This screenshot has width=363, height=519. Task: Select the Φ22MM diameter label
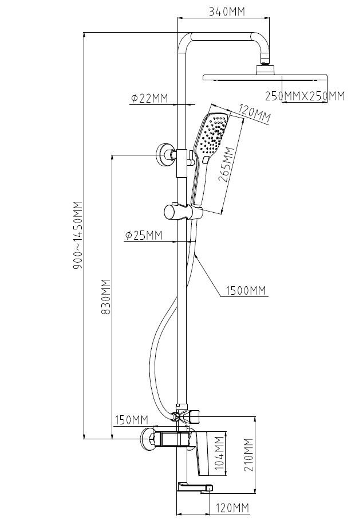click(149, 99)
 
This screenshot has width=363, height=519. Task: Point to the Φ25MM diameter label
click(143, 235)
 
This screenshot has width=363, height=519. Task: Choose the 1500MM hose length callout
click(246, 291)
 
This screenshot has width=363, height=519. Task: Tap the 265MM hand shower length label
click(227, 166)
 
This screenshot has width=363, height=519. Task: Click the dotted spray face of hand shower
click(214, 135)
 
